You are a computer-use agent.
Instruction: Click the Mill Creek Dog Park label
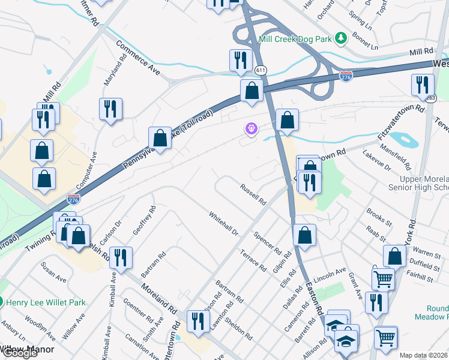(295, 39)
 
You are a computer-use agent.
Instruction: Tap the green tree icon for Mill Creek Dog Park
(342, 39)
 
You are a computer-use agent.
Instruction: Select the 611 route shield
(261, 70)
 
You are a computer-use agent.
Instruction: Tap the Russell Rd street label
(253, 194)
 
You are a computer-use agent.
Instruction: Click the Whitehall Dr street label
(224, 223)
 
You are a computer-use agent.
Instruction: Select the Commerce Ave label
(138, 58)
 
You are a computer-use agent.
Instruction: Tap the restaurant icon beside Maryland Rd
(110, 109)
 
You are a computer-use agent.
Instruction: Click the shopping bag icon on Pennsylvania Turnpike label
(161, 138)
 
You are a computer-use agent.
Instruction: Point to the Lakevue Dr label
(376, 160)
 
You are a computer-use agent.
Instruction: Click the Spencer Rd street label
(268, 241)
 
